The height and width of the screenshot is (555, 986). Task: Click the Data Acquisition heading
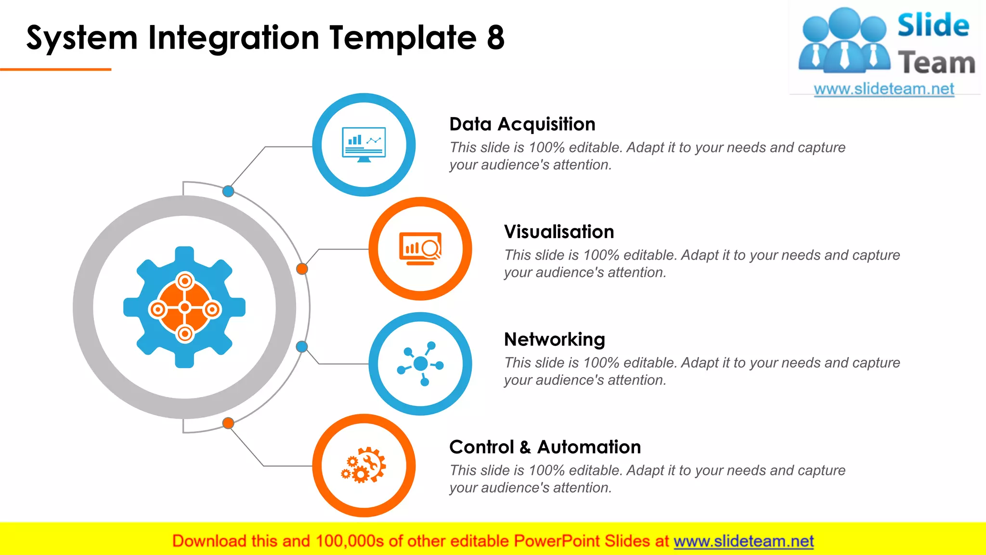(522, 124)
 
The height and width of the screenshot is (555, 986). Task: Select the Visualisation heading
(559, 232)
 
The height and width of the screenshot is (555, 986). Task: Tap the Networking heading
(554, 340)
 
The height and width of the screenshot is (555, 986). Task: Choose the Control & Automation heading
(545, 447)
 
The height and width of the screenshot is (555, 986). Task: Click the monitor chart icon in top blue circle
(364, 145)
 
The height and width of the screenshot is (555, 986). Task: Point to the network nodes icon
(420, 364)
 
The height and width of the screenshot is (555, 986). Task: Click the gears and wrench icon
(364, 465)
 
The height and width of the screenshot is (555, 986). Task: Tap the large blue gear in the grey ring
(184, 307)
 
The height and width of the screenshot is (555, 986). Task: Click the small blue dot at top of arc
(228, 191)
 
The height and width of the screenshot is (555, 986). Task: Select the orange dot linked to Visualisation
(302, 269)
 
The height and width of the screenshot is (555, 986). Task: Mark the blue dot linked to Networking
(302, 346)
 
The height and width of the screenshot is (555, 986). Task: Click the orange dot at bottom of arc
(228, 423)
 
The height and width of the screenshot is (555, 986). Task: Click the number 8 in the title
(495, 38)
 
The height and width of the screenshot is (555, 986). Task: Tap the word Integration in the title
(234, 38)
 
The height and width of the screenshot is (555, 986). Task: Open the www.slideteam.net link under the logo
(884, 89)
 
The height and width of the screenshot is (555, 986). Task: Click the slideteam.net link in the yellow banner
(743, 541)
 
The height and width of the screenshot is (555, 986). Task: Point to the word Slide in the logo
(933, 26)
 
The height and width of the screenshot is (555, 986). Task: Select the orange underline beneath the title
(56, 70)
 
